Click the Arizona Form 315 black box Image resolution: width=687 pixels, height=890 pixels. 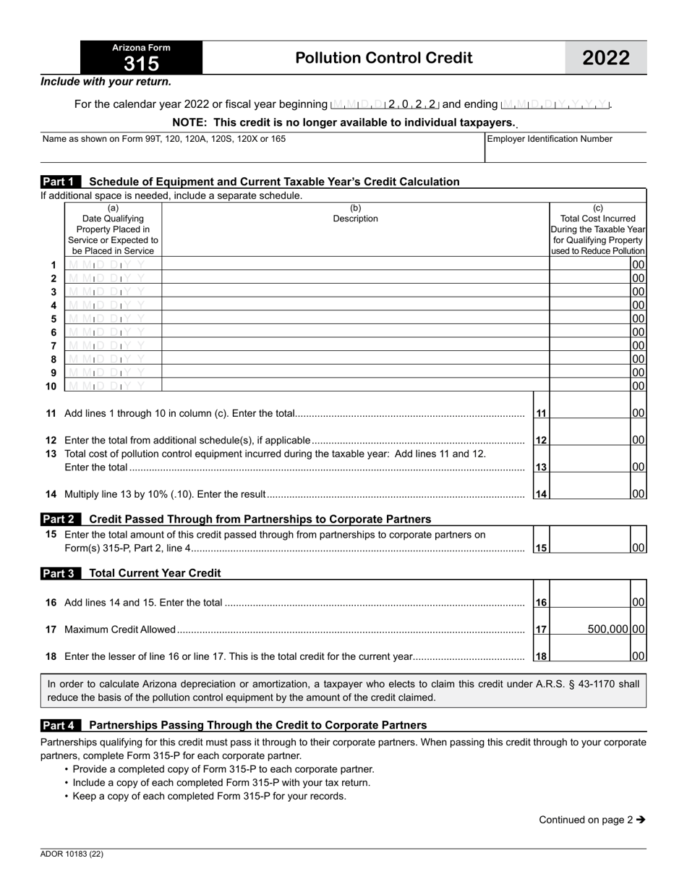coord(141,57)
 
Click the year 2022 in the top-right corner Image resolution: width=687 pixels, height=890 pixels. coord(606,58)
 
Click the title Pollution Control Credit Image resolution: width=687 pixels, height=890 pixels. coord(384,58)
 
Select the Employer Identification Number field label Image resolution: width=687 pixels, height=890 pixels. coord(550,139)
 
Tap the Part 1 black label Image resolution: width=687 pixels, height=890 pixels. coord(61,182)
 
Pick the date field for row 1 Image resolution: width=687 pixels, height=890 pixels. coord(112,265)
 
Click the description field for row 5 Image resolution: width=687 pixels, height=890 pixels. coord(355,318)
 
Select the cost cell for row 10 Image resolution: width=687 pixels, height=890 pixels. coord(590,386)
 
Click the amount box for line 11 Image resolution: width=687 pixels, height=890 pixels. coord(590,412)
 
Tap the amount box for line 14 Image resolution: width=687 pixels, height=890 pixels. coord(590,493)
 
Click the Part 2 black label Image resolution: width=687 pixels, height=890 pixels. coord(61,519)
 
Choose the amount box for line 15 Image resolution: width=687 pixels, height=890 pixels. coord(590,547)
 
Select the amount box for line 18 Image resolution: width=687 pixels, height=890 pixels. coord(590,656)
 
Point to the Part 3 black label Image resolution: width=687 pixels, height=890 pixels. coord(61,573)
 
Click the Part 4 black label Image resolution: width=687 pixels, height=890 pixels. coord(61,725)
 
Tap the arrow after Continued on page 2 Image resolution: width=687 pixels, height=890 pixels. coord(641,820)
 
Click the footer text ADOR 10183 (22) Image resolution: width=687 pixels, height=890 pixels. coord(72,854)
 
